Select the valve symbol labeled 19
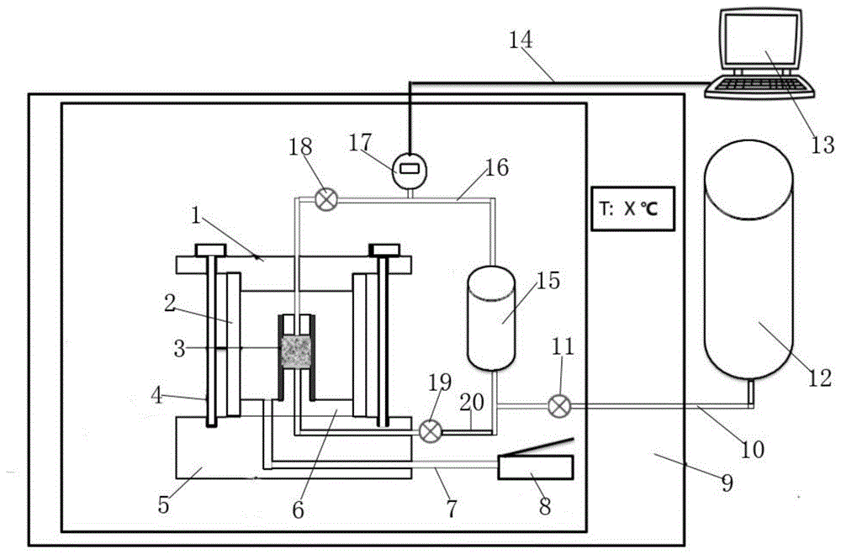[430, 430]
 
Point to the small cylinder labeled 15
[491, 319]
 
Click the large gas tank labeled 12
[748, 260]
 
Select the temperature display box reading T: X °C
[633, 208]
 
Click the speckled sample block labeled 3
[295, 351]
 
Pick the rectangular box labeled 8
[536, 467]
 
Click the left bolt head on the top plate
[210, 250]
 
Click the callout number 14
[521, 40]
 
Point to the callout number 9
[727, 483]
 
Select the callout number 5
[163, 504]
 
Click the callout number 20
[472, 402]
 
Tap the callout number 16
[496, 167]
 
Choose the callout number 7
[452, 508]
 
